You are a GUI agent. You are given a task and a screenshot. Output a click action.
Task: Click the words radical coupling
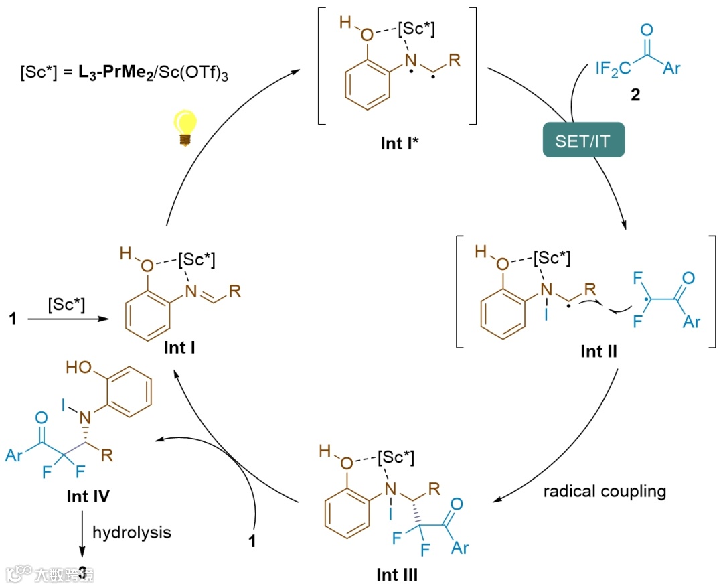click(605, 491)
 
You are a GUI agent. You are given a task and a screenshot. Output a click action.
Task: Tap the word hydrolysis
click(132, 532)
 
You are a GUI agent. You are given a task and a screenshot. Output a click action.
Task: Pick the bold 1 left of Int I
click(12, 319)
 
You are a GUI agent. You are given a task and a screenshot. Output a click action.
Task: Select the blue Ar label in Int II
click(691, 322)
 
